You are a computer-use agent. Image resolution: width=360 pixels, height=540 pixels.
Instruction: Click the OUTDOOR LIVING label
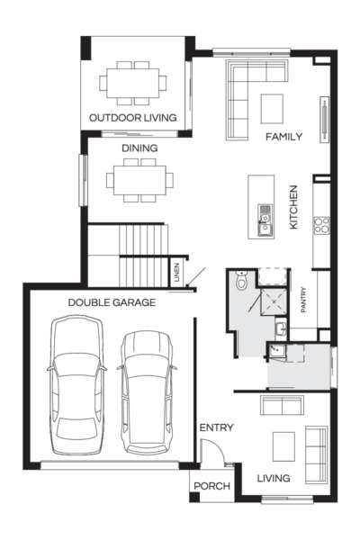pos(132,118)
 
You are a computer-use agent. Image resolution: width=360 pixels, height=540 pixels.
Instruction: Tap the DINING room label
pos(139,148)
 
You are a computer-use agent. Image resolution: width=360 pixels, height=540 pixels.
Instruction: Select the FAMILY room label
pos(283,137)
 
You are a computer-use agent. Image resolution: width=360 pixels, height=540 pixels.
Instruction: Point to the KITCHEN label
pos(293,207)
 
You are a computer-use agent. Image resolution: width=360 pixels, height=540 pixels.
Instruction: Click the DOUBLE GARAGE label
pos(112,303)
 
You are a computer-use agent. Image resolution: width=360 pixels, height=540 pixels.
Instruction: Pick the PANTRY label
pos(303,299)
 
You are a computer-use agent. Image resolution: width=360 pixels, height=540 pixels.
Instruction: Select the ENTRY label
pos(216,427)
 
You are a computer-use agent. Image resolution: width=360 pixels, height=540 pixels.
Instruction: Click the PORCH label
pos(212,487)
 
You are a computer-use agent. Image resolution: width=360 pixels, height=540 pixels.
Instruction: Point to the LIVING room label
pos(274,478)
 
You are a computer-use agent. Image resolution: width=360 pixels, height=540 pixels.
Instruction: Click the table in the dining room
pos(139,179)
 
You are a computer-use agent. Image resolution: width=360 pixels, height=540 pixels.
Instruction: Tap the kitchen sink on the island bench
pos(265,220)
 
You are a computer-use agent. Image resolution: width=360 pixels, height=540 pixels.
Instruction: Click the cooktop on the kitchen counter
pos(321,225)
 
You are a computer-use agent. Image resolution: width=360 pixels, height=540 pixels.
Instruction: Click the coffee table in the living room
pos(283,444)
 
